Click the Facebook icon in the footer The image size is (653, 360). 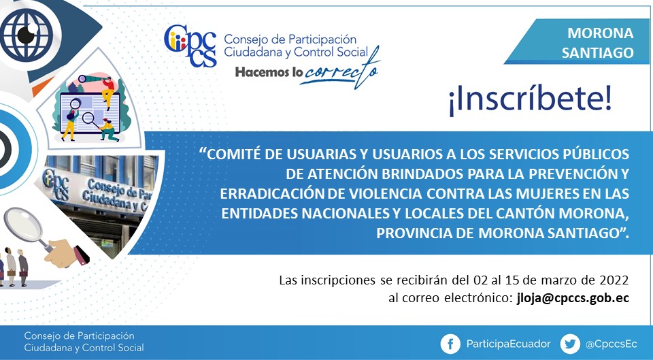pos(450,344)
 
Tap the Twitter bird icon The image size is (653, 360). pos(570,344)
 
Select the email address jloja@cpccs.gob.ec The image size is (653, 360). pos(573,299)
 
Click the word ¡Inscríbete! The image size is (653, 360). pos(530,100)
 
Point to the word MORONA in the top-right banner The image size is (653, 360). pos(600,33)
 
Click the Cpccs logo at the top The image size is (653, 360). pos(190,45)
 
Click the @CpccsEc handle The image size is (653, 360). pos(611,344)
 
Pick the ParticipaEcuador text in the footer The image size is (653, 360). pos(508,344)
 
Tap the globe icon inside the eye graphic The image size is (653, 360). pos(26,35)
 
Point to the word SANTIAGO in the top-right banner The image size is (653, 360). pos(597,53)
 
